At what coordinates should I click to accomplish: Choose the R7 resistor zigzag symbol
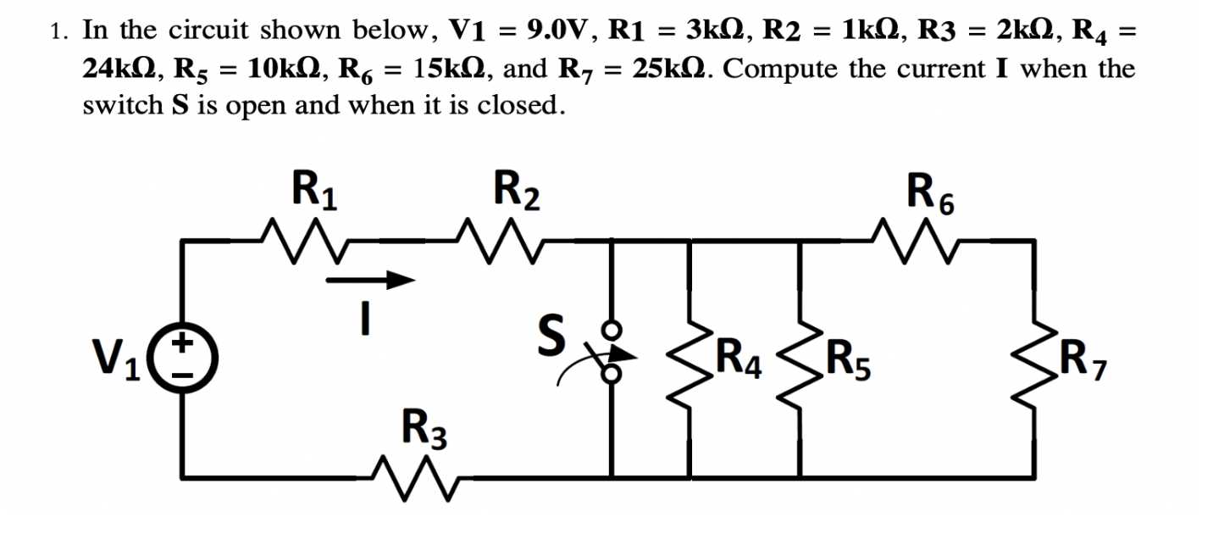tap(1031, 360)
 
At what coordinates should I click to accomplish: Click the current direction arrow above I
tap(369, 279)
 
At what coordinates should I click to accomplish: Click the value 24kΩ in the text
tap(119, 68)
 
